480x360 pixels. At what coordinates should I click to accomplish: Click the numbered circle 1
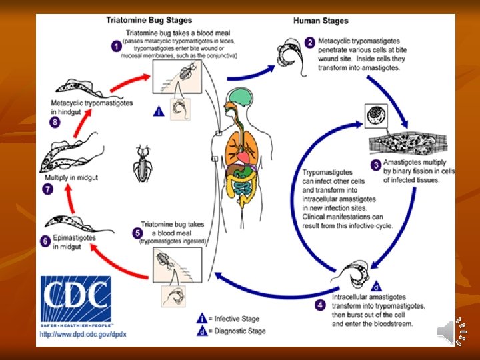pyautogui.click(x=115, y=47)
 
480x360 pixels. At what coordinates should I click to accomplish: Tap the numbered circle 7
pyautogui.click(x=47, y=190)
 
